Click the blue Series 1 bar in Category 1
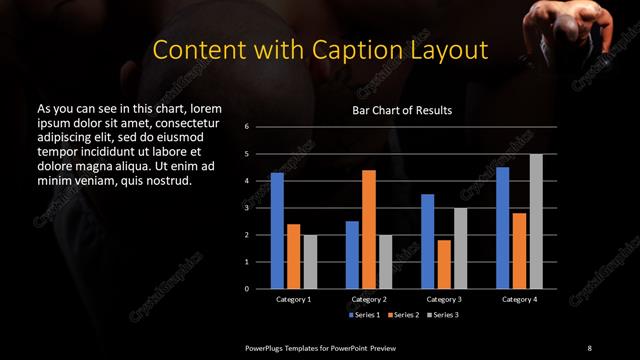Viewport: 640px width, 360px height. [x=277, y=231]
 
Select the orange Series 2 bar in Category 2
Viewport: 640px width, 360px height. [x=368, y=229]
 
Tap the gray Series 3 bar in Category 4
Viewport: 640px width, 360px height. [x=536, y=221]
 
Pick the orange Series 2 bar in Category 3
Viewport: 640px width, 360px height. [x=444, y=264]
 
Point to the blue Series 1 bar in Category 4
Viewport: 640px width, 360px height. [x=503, y=228]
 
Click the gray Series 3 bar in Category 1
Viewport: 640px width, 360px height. [x=310, y=262]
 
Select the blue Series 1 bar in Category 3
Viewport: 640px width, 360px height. [x=428, y=241]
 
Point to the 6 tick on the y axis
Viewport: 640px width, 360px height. [x=246, y=128]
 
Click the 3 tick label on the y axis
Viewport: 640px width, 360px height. [x=246, y=208]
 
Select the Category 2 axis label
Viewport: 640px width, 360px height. [x=368, y=299]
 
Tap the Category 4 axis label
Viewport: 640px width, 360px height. [x=519, y=299]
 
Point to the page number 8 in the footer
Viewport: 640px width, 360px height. [x=589, y=347]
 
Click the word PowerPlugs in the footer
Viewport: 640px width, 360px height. [x=268, y=347]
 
